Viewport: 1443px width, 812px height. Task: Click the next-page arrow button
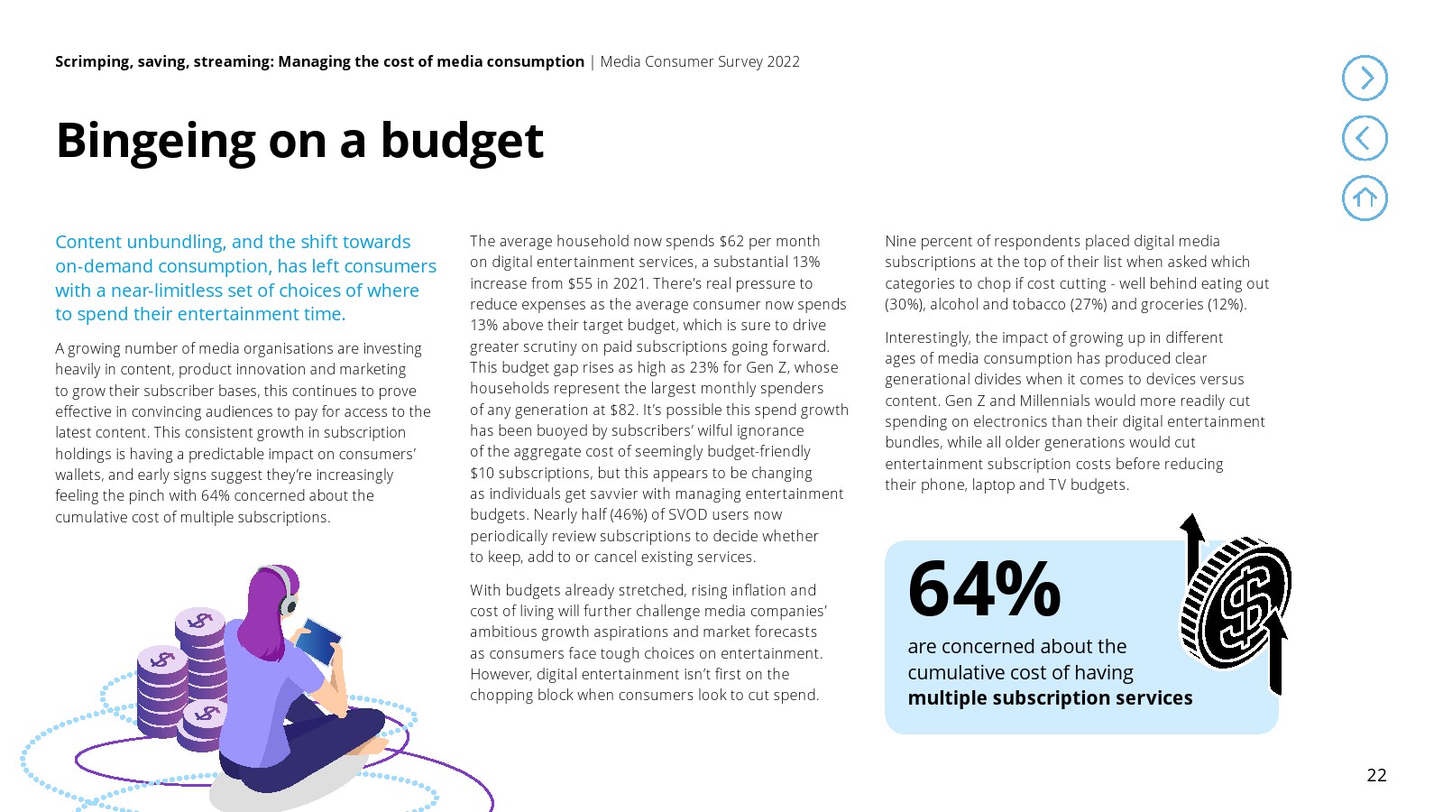[x=1365, y=78]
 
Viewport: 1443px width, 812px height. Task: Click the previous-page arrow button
[x=1365, y=138]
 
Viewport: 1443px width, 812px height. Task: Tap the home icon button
[x=1365, y=198]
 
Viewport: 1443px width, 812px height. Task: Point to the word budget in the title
[x=462, y=142]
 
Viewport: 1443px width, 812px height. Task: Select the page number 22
[x=1376, y=775]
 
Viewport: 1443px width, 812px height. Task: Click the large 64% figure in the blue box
[x=984, y=589]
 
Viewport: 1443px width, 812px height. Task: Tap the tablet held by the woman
[x=320, y=640]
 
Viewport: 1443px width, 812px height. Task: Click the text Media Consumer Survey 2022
[x=700, y=61]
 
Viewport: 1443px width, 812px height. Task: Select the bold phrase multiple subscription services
[x=1050, y=698]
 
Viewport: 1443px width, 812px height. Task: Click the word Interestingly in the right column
[x=927, y=337]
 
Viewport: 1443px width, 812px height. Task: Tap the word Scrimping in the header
[x=92, y=61]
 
